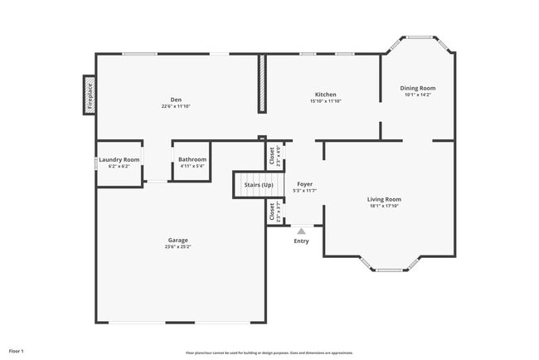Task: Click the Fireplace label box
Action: [90, 95]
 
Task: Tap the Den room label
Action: [176, 100]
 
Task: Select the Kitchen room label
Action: [325, 95]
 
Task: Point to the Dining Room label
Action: [418, 88]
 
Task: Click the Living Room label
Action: [384, 199]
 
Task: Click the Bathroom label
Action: [192, 159]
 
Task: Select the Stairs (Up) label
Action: [256, 184]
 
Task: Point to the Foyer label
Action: [305, 183]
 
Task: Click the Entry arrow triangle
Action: [301, 231]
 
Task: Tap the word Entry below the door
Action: [301, 241]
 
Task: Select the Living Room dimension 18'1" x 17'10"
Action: [384, 206]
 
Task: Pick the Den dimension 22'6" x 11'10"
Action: [176, 106]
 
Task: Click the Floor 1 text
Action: [17, 352]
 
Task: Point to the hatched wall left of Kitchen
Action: [262, 84]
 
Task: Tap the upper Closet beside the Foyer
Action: [271, 157]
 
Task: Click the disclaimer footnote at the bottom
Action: [269, 353]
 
